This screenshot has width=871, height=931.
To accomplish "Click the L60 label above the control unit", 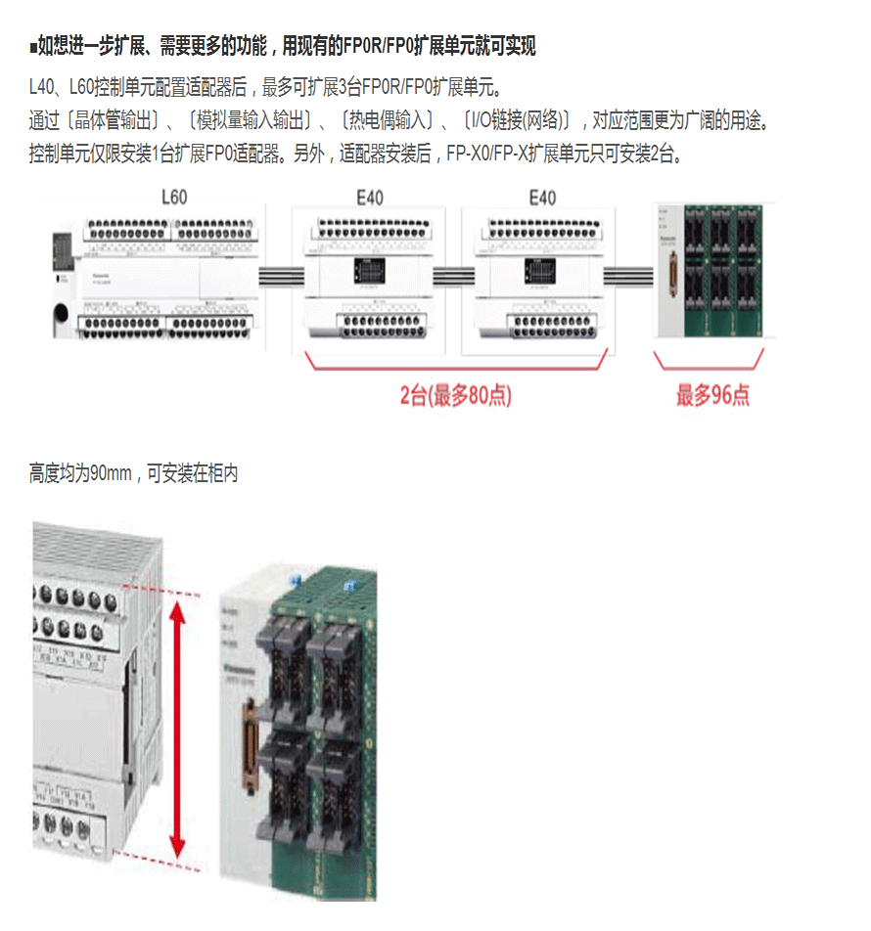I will [x=173, y=197].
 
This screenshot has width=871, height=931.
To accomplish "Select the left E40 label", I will [x=370, y=198].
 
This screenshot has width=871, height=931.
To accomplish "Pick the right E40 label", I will [x=542, y=198].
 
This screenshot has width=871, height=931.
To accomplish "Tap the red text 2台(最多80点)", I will [x=456, y=395].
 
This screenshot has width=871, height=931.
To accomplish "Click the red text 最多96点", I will [x=713, y=395].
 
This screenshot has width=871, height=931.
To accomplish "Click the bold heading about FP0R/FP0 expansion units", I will [x=284, y=46].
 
